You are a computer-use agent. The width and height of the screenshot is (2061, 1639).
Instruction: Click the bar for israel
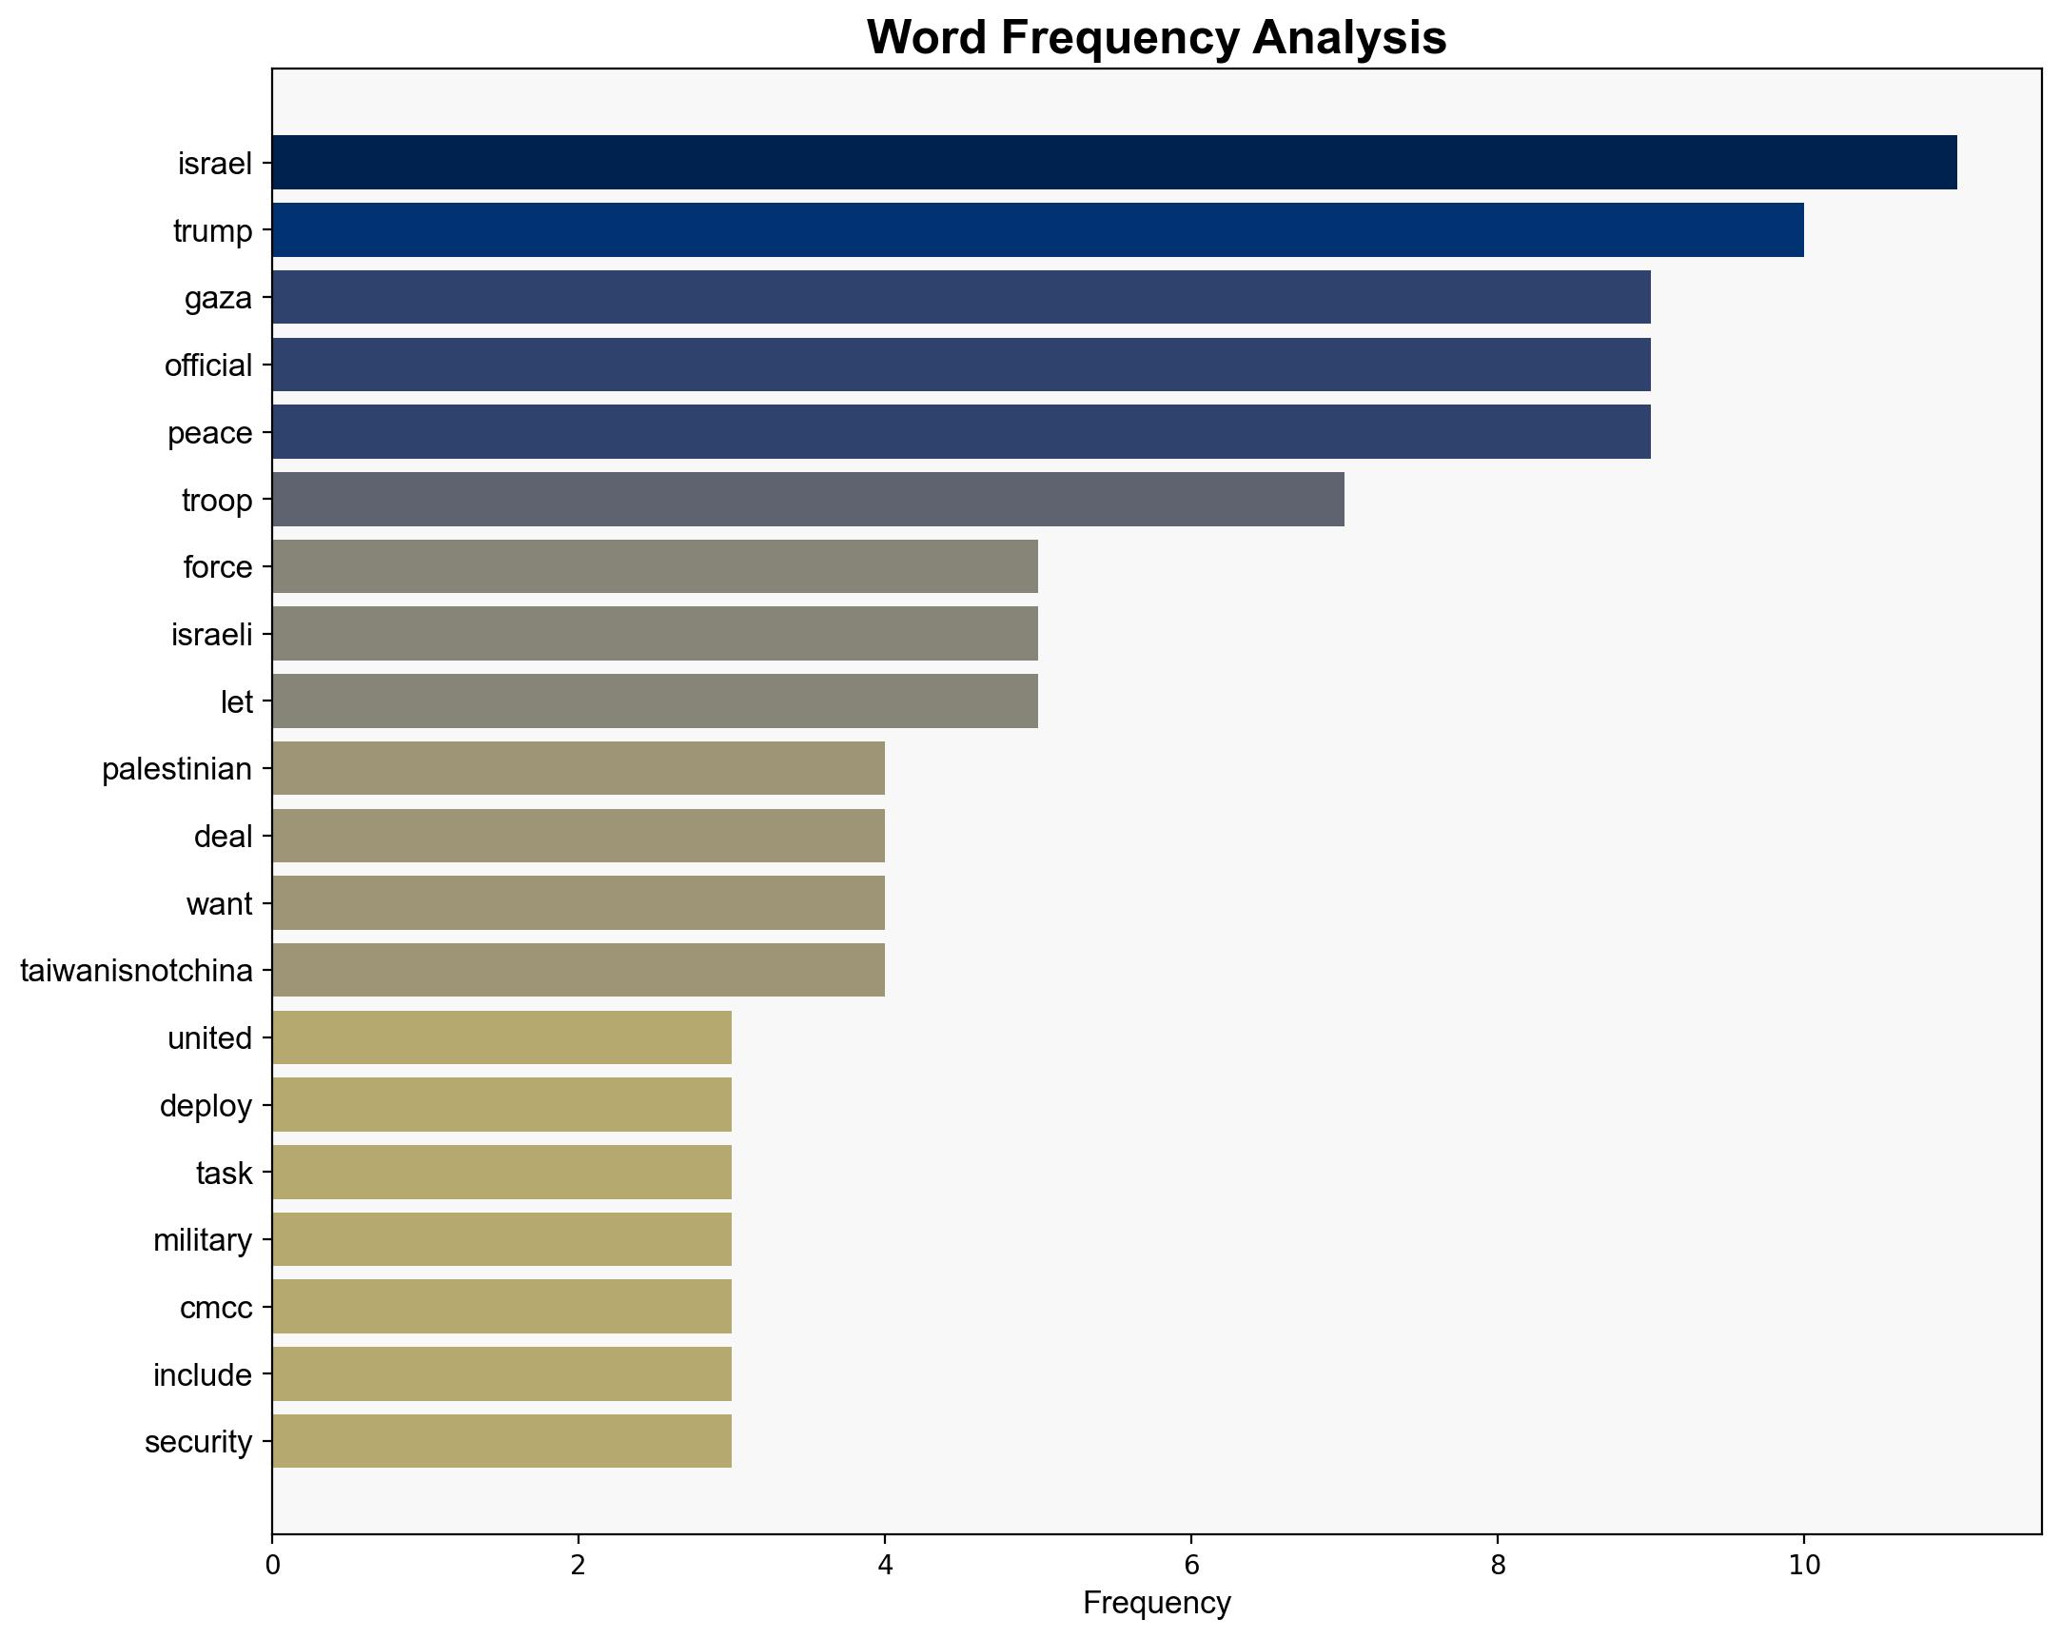(x=1113, y=163)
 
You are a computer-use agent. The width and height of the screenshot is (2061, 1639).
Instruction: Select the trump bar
(x=1037, y=229)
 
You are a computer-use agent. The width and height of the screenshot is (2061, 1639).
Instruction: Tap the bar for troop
(x=808, y=499)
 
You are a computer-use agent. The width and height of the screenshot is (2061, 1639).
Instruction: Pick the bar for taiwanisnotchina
(x=579, y=971)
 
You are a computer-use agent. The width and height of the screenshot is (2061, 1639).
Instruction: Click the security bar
(x=501, y=1441)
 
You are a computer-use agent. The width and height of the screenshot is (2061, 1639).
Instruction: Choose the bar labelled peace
(x=961, y=432)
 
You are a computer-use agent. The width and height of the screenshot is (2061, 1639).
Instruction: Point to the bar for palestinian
(x=579, y=768)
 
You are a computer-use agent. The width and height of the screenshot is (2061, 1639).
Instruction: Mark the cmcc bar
(x=501, y=1306)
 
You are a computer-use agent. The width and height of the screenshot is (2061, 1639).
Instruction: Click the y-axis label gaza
(x=218, y=298)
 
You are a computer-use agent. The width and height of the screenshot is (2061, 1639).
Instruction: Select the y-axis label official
(x=208, y=365)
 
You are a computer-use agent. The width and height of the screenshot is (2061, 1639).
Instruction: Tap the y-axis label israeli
(x=211, y=634)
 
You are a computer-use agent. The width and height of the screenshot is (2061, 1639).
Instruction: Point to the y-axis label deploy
(x=206, y=1105)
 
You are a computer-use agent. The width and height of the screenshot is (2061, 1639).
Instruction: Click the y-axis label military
(x=203, y=1240)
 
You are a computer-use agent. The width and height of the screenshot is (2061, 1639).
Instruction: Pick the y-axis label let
(x=236, y=701)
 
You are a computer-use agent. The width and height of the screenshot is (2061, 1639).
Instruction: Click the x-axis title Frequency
(x=1157, y=1603)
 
